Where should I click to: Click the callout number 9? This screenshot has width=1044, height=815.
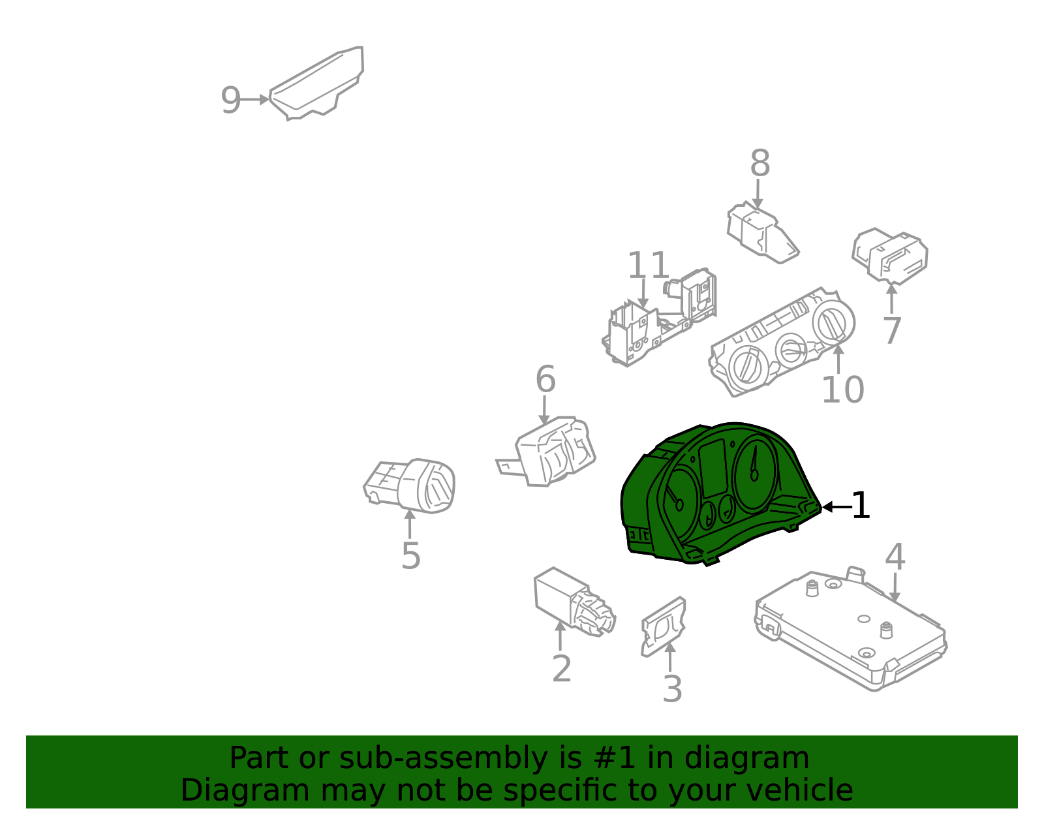230,100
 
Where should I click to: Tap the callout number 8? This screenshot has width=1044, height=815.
760,163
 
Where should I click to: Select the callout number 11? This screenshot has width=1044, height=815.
648,265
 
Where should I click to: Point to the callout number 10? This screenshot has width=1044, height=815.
842,390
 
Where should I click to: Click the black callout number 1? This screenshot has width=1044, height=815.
861,505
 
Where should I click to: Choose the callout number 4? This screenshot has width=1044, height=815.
895,557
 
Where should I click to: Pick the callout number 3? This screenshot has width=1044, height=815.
672,688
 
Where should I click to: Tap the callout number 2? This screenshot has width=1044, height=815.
562,668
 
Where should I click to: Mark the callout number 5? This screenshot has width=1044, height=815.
411,556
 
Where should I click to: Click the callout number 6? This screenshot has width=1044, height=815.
545,379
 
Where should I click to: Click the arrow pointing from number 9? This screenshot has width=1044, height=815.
254,100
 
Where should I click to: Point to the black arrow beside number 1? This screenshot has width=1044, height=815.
837,506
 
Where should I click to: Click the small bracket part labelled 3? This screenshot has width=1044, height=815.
664,626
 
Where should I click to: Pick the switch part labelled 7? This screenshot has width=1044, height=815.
890,256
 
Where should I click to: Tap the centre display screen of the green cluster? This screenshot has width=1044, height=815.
713,469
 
